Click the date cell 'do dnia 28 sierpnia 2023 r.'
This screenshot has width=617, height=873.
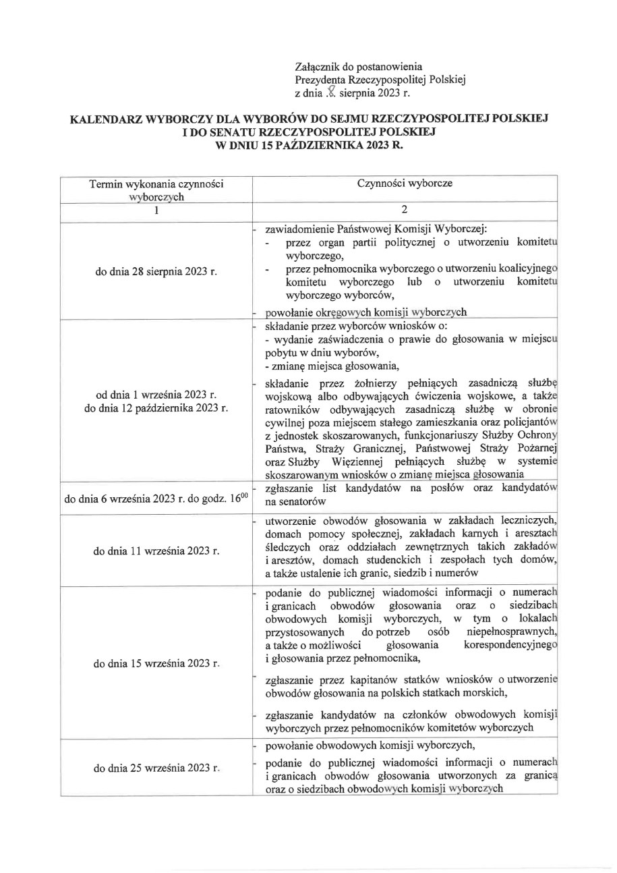156,273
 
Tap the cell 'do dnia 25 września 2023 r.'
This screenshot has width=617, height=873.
156,768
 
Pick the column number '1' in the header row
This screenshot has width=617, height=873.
156,210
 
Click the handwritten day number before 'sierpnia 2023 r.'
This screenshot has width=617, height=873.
330,93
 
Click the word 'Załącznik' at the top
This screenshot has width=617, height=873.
318,66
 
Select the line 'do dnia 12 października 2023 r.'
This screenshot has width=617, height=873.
156,408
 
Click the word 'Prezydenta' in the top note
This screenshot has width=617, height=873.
322,80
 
